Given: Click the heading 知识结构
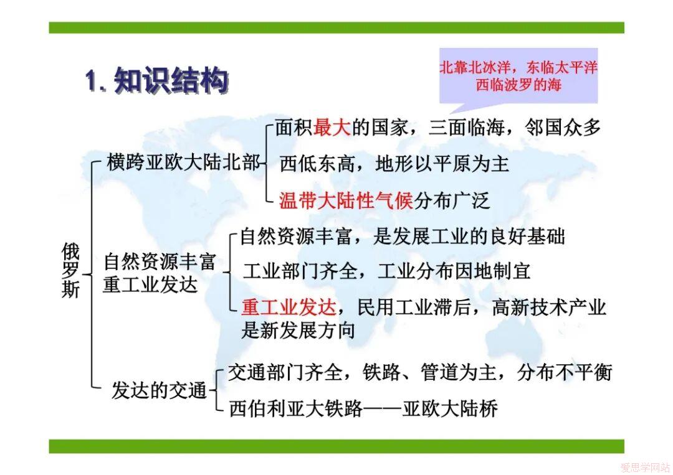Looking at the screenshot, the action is point(171,81).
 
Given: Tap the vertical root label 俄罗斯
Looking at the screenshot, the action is point(71,270).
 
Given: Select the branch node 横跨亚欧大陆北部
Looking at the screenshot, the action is point(183,163).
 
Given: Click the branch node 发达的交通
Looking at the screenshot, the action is point(160,390).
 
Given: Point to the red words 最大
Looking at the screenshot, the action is point(332,128).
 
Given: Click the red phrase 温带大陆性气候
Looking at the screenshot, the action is point(346,200).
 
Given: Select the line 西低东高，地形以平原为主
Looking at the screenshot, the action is point(394,164).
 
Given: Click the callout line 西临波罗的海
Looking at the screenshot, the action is point(518,85).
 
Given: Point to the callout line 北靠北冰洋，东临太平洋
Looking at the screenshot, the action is point(518,67).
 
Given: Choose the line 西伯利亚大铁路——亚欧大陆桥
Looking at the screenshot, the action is point(363,408).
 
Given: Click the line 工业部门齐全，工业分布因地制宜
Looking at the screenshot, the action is point(386,271).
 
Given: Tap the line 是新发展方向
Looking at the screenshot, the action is point(298,331).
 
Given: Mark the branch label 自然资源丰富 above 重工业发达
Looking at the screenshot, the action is point(160,262).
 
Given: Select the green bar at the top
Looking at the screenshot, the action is point(336,28).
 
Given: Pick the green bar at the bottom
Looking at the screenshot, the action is point(336,446).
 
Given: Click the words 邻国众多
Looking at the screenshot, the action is point(563,128).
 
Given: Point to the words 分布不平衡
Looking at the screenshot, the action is point(564,372).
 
